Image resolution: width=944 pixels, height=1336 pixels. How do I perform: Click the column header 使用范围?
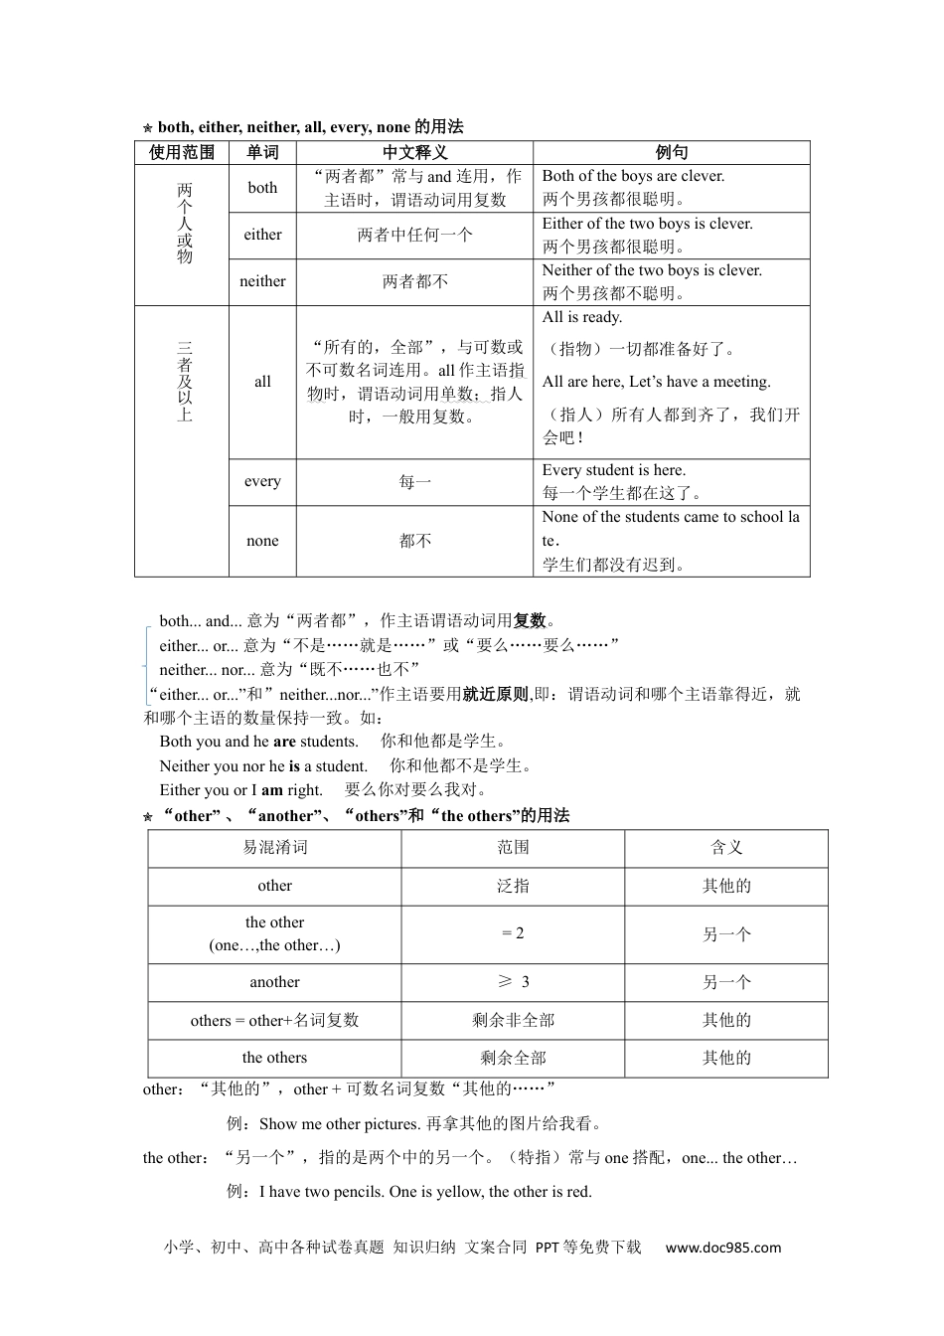182,152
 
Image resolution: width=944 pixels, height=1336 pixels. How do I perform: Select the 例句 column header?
671,152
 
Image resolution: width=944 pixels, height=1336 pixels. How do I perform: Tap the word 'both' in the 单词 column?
262,188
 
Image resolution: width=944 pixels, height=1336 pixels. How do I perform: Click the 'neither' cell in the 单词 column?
262,281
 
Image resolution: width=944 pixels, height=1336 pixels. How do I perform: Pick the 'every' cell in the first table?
262,482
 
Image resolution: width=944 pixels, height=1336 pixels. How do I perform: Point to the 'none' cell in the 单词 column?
262,541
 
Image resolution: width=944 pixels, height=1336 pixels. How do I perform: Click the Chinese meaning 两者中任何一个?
414,236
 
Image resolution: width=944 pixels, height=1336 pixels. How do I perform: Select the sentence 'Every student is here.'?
613,470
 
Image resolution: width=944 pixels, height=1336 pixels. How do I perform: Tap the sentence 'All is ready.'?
582,318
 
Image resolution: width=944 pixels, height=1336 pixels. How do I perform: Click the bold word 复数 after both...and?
530,620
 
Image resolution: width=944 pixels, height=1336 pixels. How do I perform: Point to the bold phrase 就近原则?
495,694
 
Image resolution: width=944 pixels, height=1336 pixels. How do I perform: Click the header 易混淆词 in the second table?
275,848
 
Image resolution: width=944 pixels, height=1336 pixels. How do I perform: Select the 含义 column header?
726,848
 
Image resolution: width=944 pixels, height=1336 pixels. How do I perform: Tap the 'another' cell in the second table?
275,982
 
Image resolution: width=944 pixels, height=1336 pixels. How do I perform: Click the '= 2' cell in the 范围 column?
513,933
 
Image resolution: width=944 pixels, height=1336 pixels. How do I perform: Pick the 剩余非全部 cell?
513,1020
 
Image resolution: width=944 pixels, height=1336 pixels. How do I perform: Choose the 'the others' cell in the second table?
275,1058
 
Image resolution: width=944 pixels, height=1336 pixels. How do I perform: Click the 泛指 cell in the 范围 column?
513,886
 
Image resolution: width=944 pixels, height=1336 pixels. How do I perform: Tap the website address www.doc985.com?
722,1248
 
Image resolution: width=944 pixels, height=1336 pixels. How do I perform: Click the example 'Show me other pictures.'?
340,1124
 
